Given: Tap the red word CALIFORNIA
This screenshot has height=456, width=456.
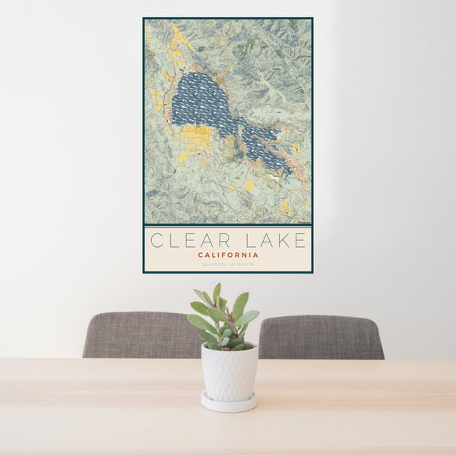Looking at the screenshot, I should point(227,255).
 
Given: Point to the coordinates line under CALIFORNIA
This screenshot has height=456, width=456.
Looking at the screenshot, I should point(227,264).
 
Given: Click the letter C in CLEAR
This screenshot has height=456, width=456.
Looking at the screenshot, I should point(156,241).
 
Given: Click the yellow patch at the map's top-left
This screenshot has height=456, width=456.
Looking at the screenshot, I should point(179,36).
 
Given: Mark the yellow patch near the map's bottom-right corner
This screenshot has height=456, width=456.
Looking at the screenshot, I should point(284,206).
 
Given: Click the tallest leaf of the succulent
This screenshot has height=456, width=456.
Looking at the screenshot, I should point(217,293).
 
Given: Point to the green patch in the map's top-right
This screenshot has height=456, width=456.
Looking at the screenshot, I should point(293,26).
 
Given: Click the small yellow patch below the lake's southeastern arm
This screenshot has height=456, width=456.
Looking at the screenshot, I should point(249,185).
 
